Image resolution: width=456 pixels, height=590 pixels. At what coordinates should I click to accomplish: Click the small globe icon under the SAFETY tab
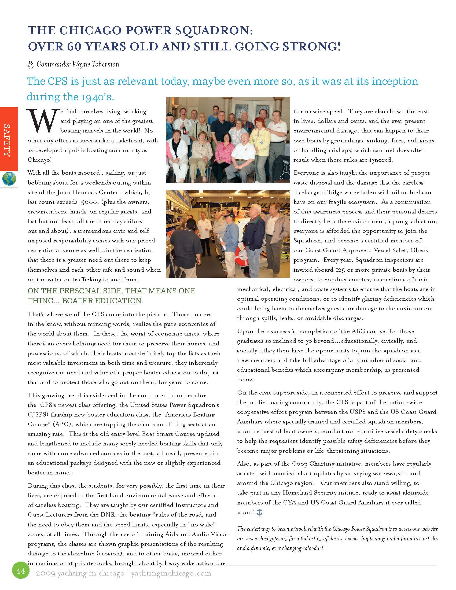coord(9,179)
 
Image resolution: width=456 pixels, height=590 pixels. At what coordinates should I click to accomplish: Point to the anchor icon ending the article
coord(259,512)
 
